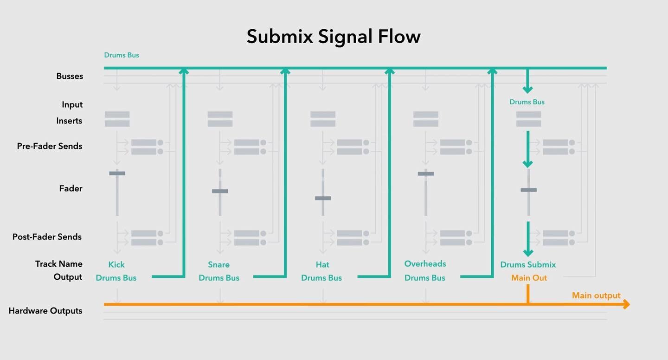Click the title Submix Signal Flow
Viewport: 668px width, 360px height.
pyautogui.click(x=333, y=37)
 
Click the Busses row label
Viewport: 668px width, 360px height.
pyautogui.click(x=70, y=76)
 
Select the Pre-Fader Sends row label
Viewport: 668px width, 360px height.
pyautogui.click(x=50, y=146)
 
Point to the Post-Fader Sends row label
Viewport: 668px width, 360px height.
pyautogui.click(x=47, y=237)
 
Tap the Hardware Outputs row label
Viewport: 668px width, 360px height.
pyautogui.click(x=45, y=311)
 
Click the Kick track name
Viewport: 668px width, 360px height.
pyautogui.click(x=116, y=264)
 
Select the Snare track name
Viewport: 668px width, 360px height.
pyautogui.click(x=218, y=264)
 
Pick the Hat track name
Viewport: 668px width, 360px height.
pyautogui.click(x=322, y=264)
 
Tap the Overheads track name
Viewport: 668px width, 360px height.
pyautogui.click(x=425, y=264)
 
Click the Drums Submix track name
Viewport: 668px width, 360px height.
pyautogui.click(x=528, y=264)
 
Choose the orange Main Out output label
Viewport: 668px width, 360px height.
pyautogui.click(x=529, y=278)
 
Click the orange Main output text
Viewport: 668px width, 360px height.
pyautogui.click(x=596, y=296)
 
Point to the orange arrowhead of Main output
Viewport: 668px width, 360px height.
pyautogui.click(x=627, y=304)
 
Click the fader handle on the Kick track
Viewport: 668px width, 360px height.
pyautogui.click(x=117, y=174)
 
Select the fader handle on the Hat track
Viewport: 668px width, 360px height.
pyautogui.click(x=323, y=198)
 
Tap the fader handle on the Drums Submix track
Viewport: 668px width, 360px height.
pyautogui.click(x=528, y=190)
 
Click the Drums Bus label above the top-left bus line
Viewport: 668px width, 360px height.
pyautogui.click(x=122, y=55)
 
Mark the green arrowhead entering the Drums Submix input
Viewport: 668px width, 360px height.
pyautogui.click(x=527, y=90)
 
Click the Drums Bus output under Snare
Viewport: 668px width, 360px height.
pyautogui.click(x=219, y=278)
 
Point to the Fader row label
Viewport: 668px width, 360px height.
pyautogui.click(x=71, y=189)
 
